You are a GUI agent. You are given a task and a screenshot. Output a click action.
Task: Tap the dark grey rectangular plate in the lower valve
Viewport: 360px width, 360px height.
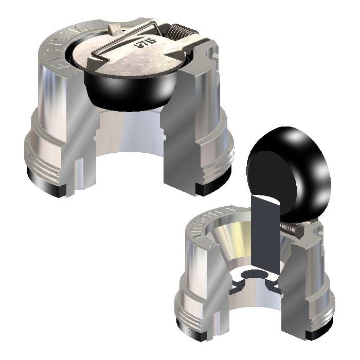[x=265, y=237]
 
